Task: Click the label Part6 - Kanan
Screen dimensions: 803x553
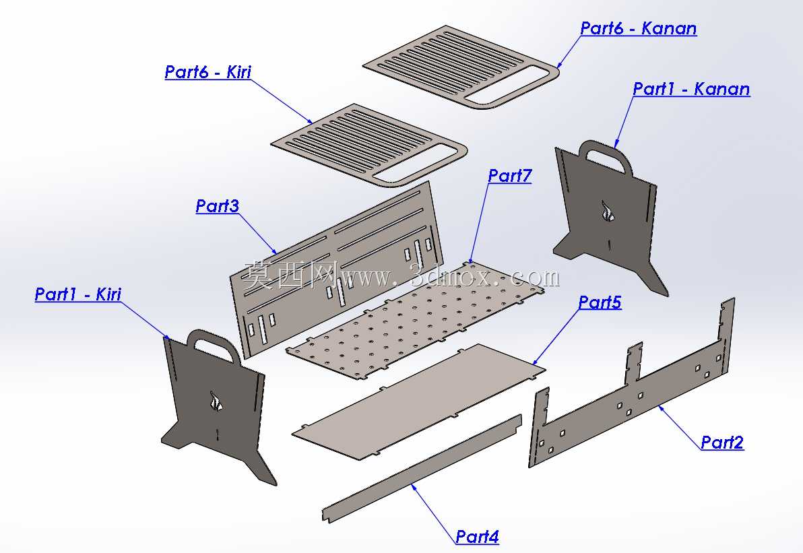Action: tap(638, 28)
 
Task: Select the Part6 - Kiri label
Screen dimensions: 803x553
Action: tap(208, 71)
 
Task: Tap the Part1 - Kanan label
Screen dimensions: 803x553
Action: tap(691, 89)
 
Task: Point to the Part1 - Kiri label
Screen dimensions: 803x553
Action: tap(78, 294)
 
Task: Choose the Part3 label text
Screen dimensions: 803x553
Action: tap(217, 206)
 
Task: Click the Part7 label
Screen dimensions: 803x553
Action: tap(509, 176)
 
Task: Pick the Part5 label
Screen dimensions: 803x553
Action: tap(600, 302)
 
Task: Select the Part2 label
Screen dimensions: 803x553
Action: tap(722, 443)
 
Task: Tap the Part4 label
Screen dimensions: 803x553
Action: tap(478, 537)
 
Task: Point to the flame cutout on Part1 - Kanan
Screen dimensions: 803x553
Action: tap(608, 210)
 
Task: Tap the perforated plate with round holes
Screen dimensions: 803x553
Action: tap(415, 320)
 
